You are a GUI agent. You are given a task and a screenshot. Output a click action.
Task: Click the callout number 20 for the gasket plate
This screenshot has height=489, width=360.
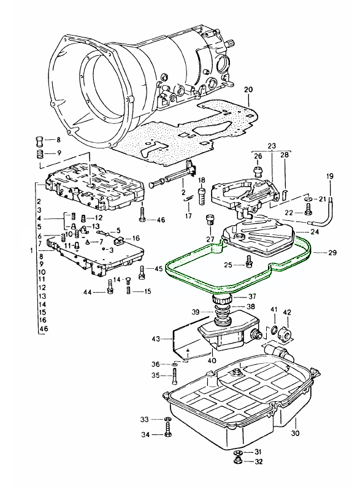click(x=248, y=90)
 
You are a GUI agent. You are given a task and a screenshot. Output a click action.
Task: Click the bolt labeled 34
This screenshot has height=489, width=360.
click(x=167, y=436)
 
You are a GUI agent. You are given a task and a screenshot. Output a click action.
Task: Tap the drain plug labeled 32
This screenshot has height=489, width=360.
click(x=237, y=461)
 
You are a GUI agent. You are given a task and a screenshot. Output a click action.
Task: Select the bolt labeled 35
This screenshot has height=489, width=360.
click(x=175, y=375)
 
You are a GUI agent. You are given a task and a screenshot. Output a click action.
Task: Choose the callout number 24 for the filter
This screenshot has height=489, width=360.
click(x=314, y=232)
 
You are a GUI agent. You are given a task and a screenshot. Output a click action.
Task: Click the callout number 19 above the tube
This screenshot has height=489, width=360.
click(x=329, y=177)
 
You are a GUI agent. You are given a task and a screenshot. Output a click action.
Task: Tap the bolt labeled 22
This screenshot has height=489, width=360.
click(x=308, y=212)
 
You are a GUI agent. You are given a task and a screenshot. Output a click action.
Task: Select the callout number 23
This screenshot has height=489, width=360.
click(x=272, y=146)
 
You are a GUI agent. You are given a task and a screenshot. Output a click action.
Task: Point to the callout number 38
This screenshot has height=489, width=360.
click(x=250, y=307)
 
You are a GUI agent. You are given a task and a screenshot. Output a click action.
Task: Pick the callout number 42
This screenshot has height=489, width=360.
click(x=286, y=312)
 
